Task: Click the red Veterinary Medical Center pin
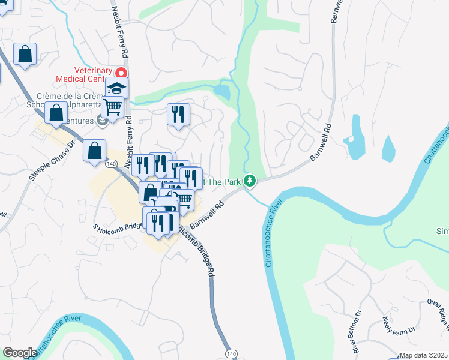coord(121,73)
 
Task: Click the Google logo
coord(20,353)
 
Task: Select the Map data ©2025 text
coord(423,355)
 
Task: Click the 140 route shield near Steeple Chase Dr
coord(110,163)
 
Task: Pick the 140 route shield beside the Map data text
coord(232,354)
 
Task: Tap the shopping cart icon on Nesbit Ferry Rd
coord(112,107)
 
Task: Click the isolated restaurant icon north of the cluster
coord(178,113)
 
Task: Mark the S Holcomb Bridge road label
coord(116,226)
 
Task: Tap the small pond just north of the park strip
coord(221,91)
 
